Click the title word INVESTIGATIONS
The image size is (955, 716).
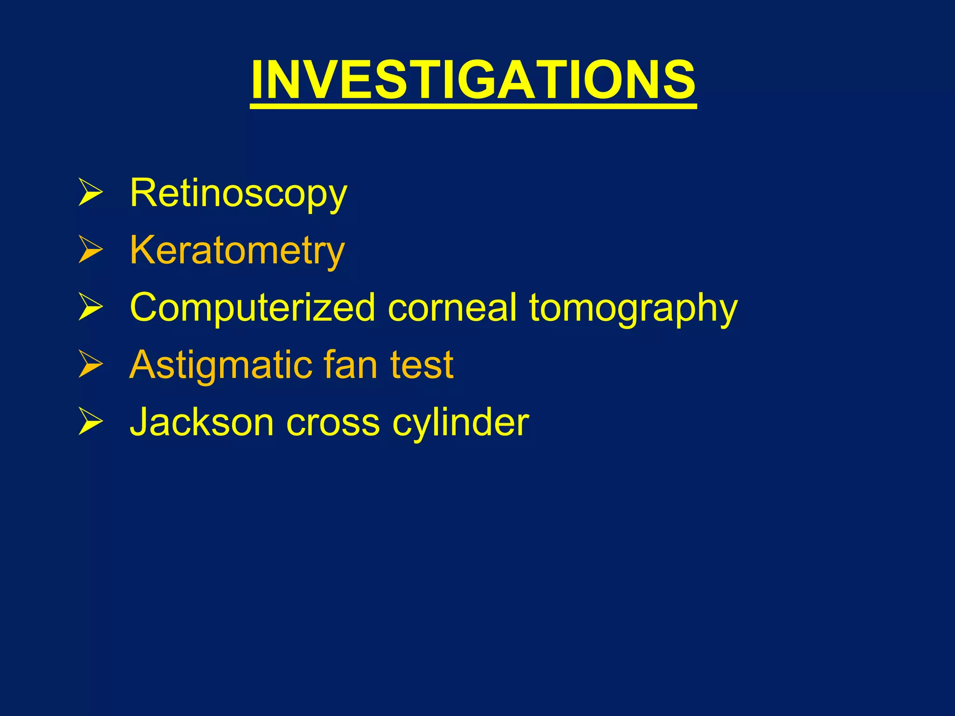click(473, 80)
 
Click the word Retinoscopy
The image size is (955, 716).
click(238, 193)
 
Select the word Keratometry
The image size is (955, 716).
click(237, 250)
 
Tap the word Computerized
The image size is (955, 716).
click(252, 308)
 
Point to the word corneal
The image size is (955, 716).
click(452, 308)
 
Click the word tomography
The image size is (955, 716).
click(633, 309)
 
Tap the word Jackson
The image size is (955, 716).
click(201, 422)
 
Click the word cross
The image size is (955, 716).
click(333, 422)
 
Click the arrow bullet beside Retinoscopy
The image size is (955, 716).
click(90, 193)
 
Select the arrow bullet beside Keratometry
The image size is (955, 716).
click(90, 250)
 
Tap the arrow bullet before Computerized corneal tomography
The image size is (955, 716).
click(90, 307)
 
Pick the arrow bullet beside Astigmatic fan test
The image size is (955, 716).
click(90, 365)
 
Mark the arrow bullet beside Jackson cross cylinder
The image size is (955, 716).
click(90, 422)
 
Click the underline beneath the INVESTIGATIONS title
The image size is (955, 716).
click(473, 107)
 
